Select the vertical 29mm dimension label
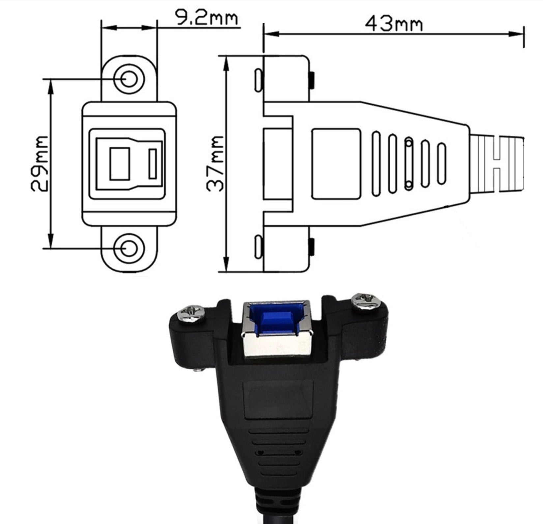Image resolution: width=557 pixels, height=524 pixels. [x=40, y=164]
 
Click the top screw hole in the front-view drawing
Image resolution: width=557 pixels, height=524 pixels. [x=129, y=79]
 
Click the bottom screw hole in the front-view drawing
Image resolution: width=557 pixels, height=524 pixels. [x=129, y=249]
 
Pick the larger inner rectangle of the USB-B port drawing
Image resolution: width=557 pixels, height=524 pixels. [x=119, y=164]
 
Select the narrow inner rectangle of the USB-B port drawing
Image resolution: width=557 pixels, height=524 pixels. [x=152, y=164]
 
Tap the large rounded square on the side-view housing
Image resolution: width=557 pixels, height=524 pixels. [x=336, y=164]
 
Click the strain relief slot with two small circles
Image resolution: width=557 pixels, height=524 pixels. [x=409, y=164]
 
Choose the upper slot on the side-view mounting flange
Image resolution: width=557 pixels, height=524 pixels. [x=258, y=80]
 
